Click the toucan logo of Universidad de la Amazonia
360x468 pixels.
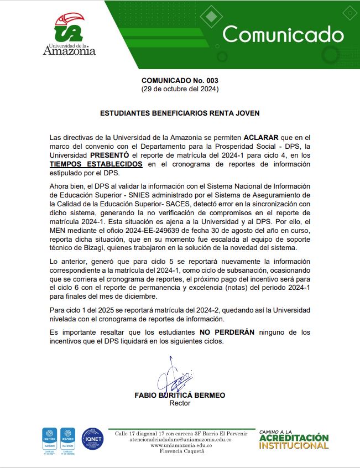pos(70,28)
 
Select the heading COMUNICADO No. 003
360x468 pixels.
pos(180,80)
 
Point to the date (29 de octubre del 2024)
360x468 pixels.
pos(180,89)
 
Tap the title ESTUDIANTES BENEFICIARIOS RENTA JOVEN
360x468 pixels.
pos(180,113)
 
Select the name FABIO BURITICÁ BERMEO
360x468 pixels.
pos(180,396)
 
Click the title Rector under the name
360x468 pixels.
pos(180,403)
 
